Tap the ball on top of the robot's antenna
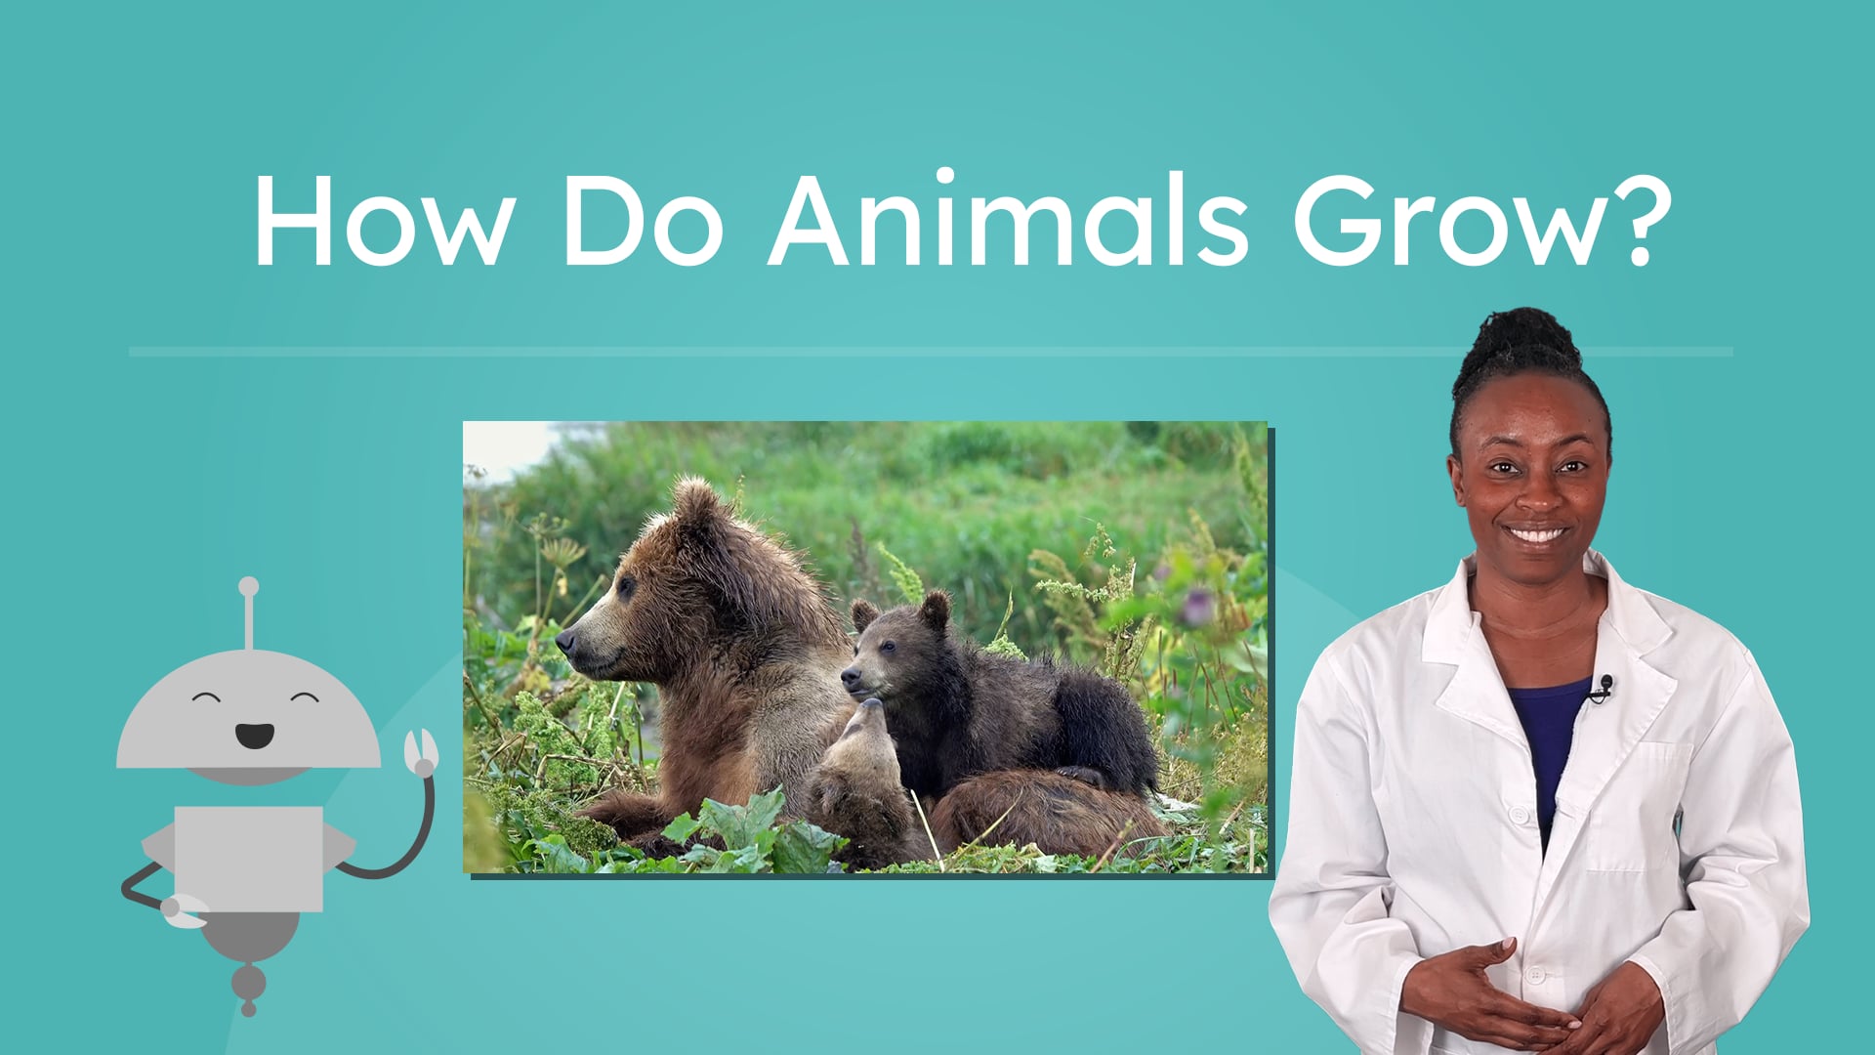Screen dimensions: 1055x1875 coord(249,586)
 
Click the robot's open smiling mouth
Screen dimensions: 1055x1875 coord(254,735)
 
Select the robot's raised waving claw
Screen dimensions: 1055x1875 coord(422,752)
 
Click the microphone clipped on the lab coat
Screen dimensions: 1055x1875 coord(1604,686)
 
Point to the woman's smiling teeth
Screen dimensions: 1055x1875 coord(1536,535)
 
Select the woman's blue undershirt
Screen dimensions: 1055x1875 coord(1553,733)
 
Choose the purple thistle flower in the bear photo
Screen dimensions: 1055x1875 coord(1194,606)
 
